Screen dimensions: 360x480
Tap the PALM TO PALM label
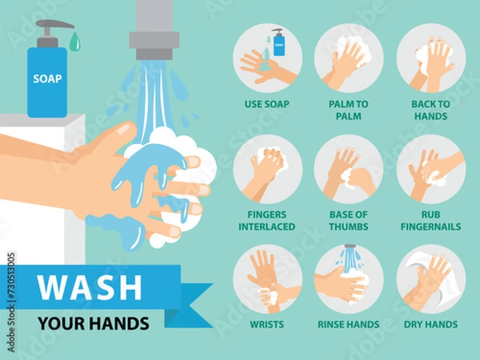348,110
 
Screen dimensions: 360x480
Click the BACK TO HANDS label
430,110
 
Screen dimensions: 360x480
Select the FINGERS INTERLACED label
267,221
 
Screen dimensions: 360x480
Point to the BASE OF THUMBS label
348,221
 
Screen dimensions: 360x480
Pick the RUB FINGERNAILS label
430,221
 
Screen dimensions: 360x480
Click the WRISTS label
267,325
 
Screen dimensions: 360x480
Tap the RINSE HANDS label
348,325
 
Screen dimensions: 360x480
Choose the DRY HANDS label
430,325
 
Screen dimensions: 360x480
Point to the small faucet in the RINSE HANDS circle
349,251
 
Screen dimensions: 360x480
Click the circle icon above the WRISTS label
267,279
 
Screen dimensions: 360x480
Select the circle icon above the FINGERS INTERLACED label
267,169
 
